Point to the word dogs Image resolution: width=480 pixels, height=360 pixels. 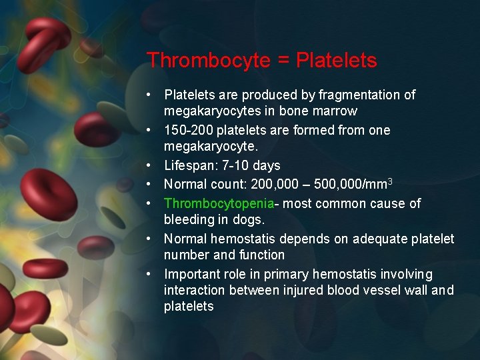250,219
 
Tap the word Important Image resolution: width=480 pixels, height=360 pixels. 191,275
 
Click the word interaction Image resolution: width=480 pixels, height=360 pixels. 195,291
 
